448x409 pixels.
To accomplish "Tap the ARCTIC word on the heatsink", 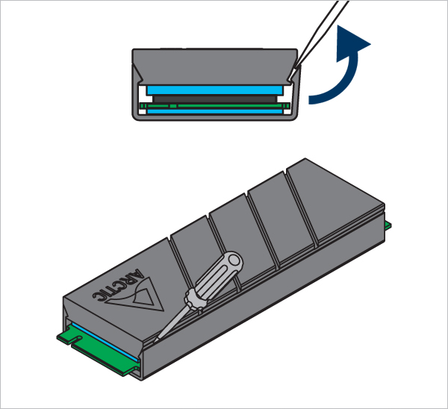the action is click(118, 286).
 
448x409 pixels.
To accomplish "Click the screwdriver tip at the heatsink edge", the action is click(155, 340).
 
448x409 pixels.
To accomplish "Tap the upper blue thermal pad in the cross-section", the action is click(214, 90).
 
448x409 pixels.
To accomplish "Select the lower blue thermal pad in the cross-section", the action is click(214, 111).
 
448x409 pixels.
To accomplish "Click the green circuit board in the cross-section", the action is click(214, 106).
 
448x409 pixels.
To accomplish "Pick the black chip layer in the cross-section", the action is click(214, 99).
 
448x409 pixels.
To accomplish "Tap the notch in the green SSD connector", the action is click(77, 340).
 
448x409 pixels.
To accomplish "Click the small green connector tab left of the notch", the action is click(65, 337).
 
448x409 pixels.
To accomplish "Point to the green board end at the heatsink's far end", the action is click(388, 225).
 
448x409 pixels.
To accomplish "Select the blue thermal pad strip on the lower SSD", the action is click(106, 342).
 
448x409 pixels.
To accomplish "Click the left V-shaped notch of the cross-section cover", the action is click(139, 75).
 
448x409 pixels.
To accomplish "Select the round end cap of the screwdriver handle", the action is click(235, 260).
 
